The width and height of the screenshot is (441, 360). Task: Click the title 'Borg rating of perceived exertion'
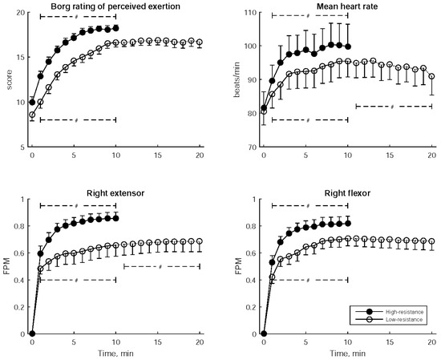(115, 6)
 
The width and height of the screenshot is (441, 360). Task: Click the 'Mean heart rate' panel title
(347, 6)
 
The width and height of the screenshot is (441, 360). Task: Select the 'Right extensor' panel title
(115, 192)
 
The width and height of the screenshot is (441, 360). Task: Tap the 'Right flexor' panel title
(347, 192)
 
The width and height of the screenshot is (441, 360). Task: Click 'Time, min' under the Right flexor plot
(347, 352)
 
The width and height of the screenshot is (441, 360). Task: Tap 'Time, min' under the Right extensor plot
(115, 352)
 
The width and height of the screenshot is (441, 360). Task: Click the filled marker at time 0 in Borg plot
(32, 103)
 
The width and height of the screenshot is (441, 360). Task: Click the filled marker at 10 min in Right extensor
(116, 218)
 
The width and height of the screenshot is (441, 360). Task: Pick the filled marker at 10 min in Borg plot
(116, 28)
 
